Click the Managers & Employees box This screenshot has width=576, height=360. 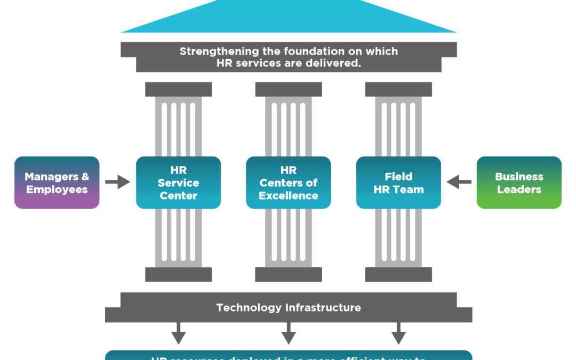(x=57, y=182)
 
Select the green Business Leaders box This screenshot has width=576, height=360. (x=519, y=182)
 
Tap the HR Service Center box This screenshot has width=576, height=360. (x=178, y=182)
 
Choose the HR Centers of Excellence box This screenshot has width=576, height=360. (x=288, y=182)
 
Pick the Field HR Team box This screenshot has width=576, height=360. (x=398, y=182)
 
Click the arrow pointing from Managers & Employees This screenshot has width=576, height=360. (x=117, y=182)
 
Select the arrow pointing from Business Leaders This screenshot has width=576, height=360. (x=459, y=182)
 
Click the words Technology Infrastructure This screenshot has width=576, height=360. (x=289, y=308)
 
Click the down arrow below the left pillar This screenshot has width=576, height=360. (x=178, y=334)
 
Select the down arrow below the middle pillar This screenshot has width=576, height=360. (x=289, y=334)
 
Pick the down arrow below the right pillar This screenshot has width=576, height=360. (x=398, y=334)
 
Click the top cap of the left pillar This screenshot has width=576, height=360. (x=178, y=89)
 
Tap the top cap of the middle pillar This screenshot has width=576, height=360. (x=289, y=89)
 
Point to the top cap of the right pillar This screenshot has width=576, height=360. (x=398, y=89)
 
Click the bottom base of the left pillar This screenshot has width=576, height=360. (x=178, y=274)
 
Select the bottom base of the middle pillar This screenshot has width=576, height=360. (x=289, y=274)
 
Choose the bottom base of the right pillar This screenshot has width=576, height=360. (x=398, y=274)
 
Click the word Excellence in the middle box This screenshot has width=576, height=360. (x=289, y=196)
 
